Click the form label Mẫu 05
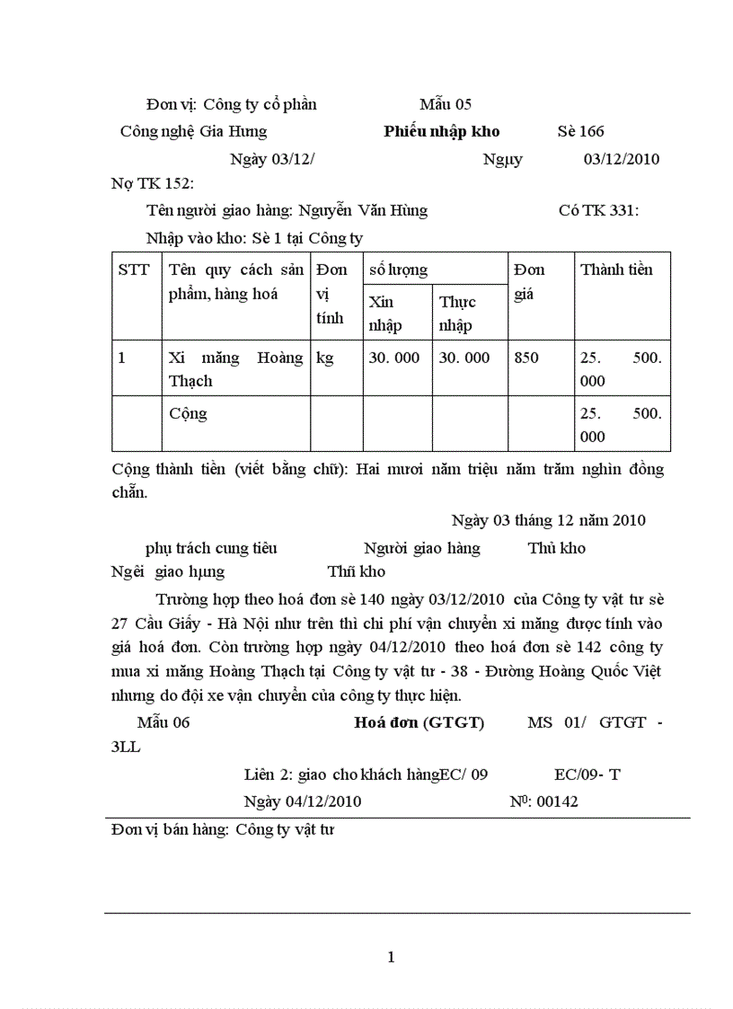click(445, 104)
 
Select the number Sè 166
click(580, 132)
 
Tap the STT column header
click(134, 270)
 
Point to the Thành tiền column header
click(616, 270)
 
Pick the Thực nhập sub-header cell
click(457, 314)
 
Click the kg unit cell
click(325, 358)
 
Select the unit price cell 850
click(526, 358)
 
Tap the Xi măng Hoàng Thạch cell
click(235, 369)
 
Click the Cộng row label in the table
click(188, 414)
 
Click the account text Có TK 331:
click(598, 211)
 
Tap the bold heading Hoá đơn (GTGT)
click(419, 722)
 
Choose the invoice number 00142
click(557, 801)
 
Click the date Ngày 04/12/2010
click(302, 801)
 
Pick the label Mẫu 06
click(163, 722)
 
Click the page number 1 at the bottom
click(391, 957)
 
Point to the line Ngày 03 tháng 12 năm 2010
click(548, 520)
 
